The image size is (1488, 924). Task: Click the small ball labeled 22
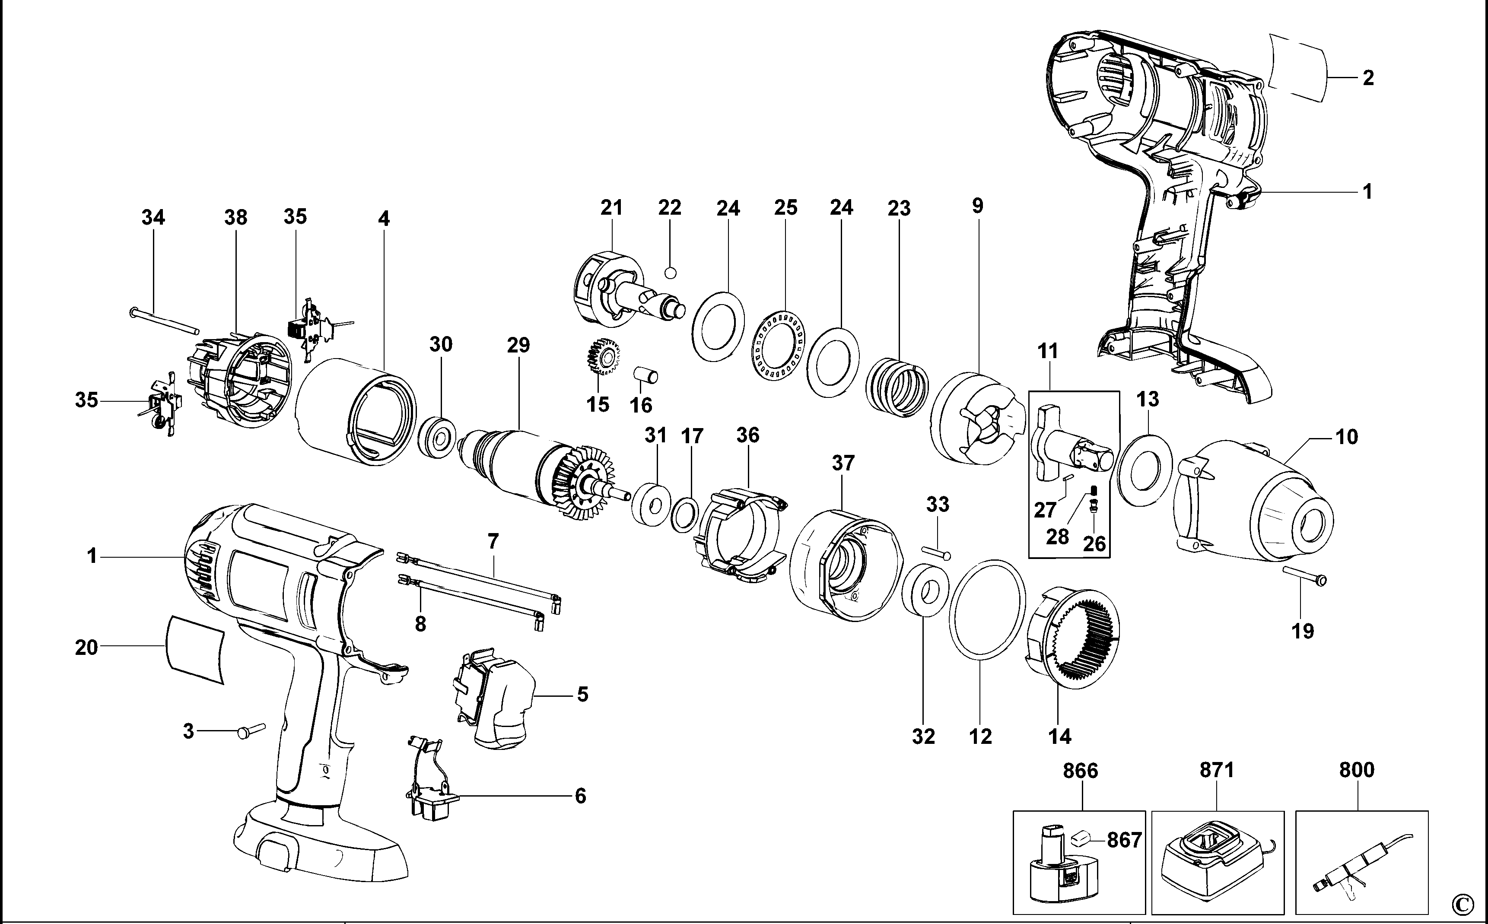click(671, 273)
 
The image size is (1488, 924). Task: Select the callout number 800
click(1357, 770)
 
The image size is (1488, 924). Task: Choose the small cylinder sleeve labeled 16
click(645, 375)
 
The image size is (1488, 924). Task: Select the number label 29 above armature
click(518, 345)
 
